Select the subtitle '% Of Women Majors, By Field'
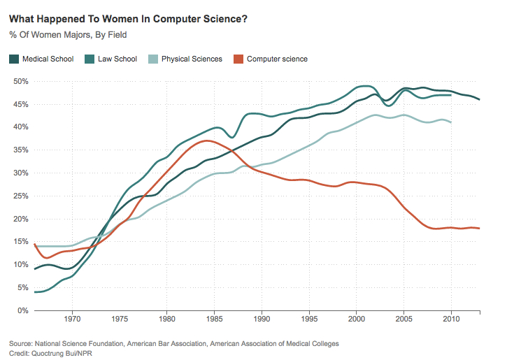tap(64, 34)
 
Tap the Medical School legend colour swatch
tap(14, 59)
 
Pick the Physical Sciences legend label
tap(192, 59)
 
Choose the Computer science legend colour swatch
tap(238, 59)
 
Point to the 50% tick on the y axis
tap(20, 82)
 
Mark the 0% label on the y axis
tap(22, 310)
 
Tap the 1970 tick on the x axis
tap(72, 321)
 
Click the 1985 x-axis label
tap(214, 321)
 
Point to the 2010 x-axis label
tap(451, 321)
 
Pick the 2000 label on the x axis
tap(357, 321)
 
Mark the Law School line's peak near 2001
tap(364, 86)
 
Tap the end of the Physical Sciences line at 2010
tap(451, 122)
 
